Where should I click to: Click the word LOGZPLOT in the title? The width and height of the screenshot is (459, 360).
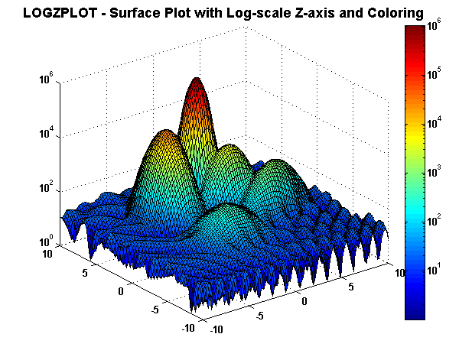(x=60, y=13)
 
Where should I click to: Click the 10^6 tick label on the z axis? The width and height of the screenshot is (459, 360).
(x=46, y=78)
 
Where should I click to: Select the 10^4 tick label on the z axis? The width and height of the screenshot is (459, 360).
(x=46, y=132)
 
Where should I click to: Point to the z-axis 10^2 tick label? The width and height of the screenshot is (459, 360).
(x=46, y=186)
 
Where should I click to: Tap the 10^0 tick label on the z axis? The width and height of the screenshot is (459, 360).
(x=46, y=241)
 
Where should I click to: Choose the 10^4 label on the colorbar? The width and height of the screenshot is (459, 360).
(x=434, y=122)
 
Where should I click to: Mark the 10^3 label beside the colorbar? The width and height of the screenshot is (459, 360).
(x=434, y=171)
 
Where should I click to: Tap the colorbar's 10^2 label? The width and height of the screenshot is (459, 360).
(x=434, y=220)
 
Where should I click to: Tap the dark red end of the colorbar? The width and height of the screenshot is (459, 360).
(x=415, y=28)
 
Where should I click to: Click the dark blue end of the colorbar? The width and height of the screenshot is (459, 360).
(x=415, y=317)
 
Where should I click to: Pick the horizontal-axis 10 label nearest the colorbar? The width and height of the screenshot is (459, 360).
(x=400, y=273)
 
